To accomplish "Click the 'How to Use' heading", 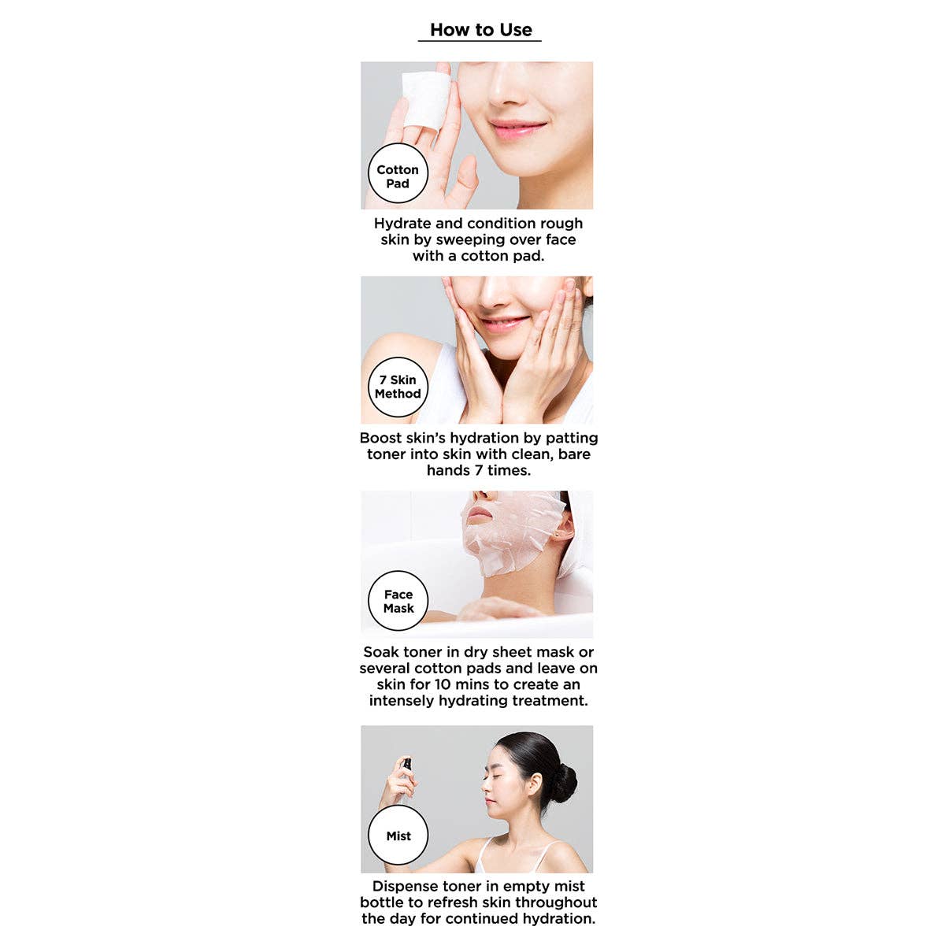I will (x=480, y=30).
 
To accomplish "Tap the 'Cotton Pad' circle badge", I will (x=398, y=176).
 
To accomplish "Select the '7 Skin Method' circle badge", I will (x=398, y=387).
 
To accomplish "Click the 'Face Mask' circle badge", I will (x=398, y=602).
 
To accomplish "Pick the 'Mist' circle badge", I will (x=398, y=836).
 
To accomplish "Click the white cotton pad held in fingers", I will (x=425, y=98).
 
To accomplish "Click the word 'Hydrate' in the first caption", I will (x=402, y=224).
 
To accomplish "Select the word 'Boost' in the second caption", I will (x=382, y=438).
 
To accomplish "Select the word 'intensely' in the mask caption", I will (x=402, y=701).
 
